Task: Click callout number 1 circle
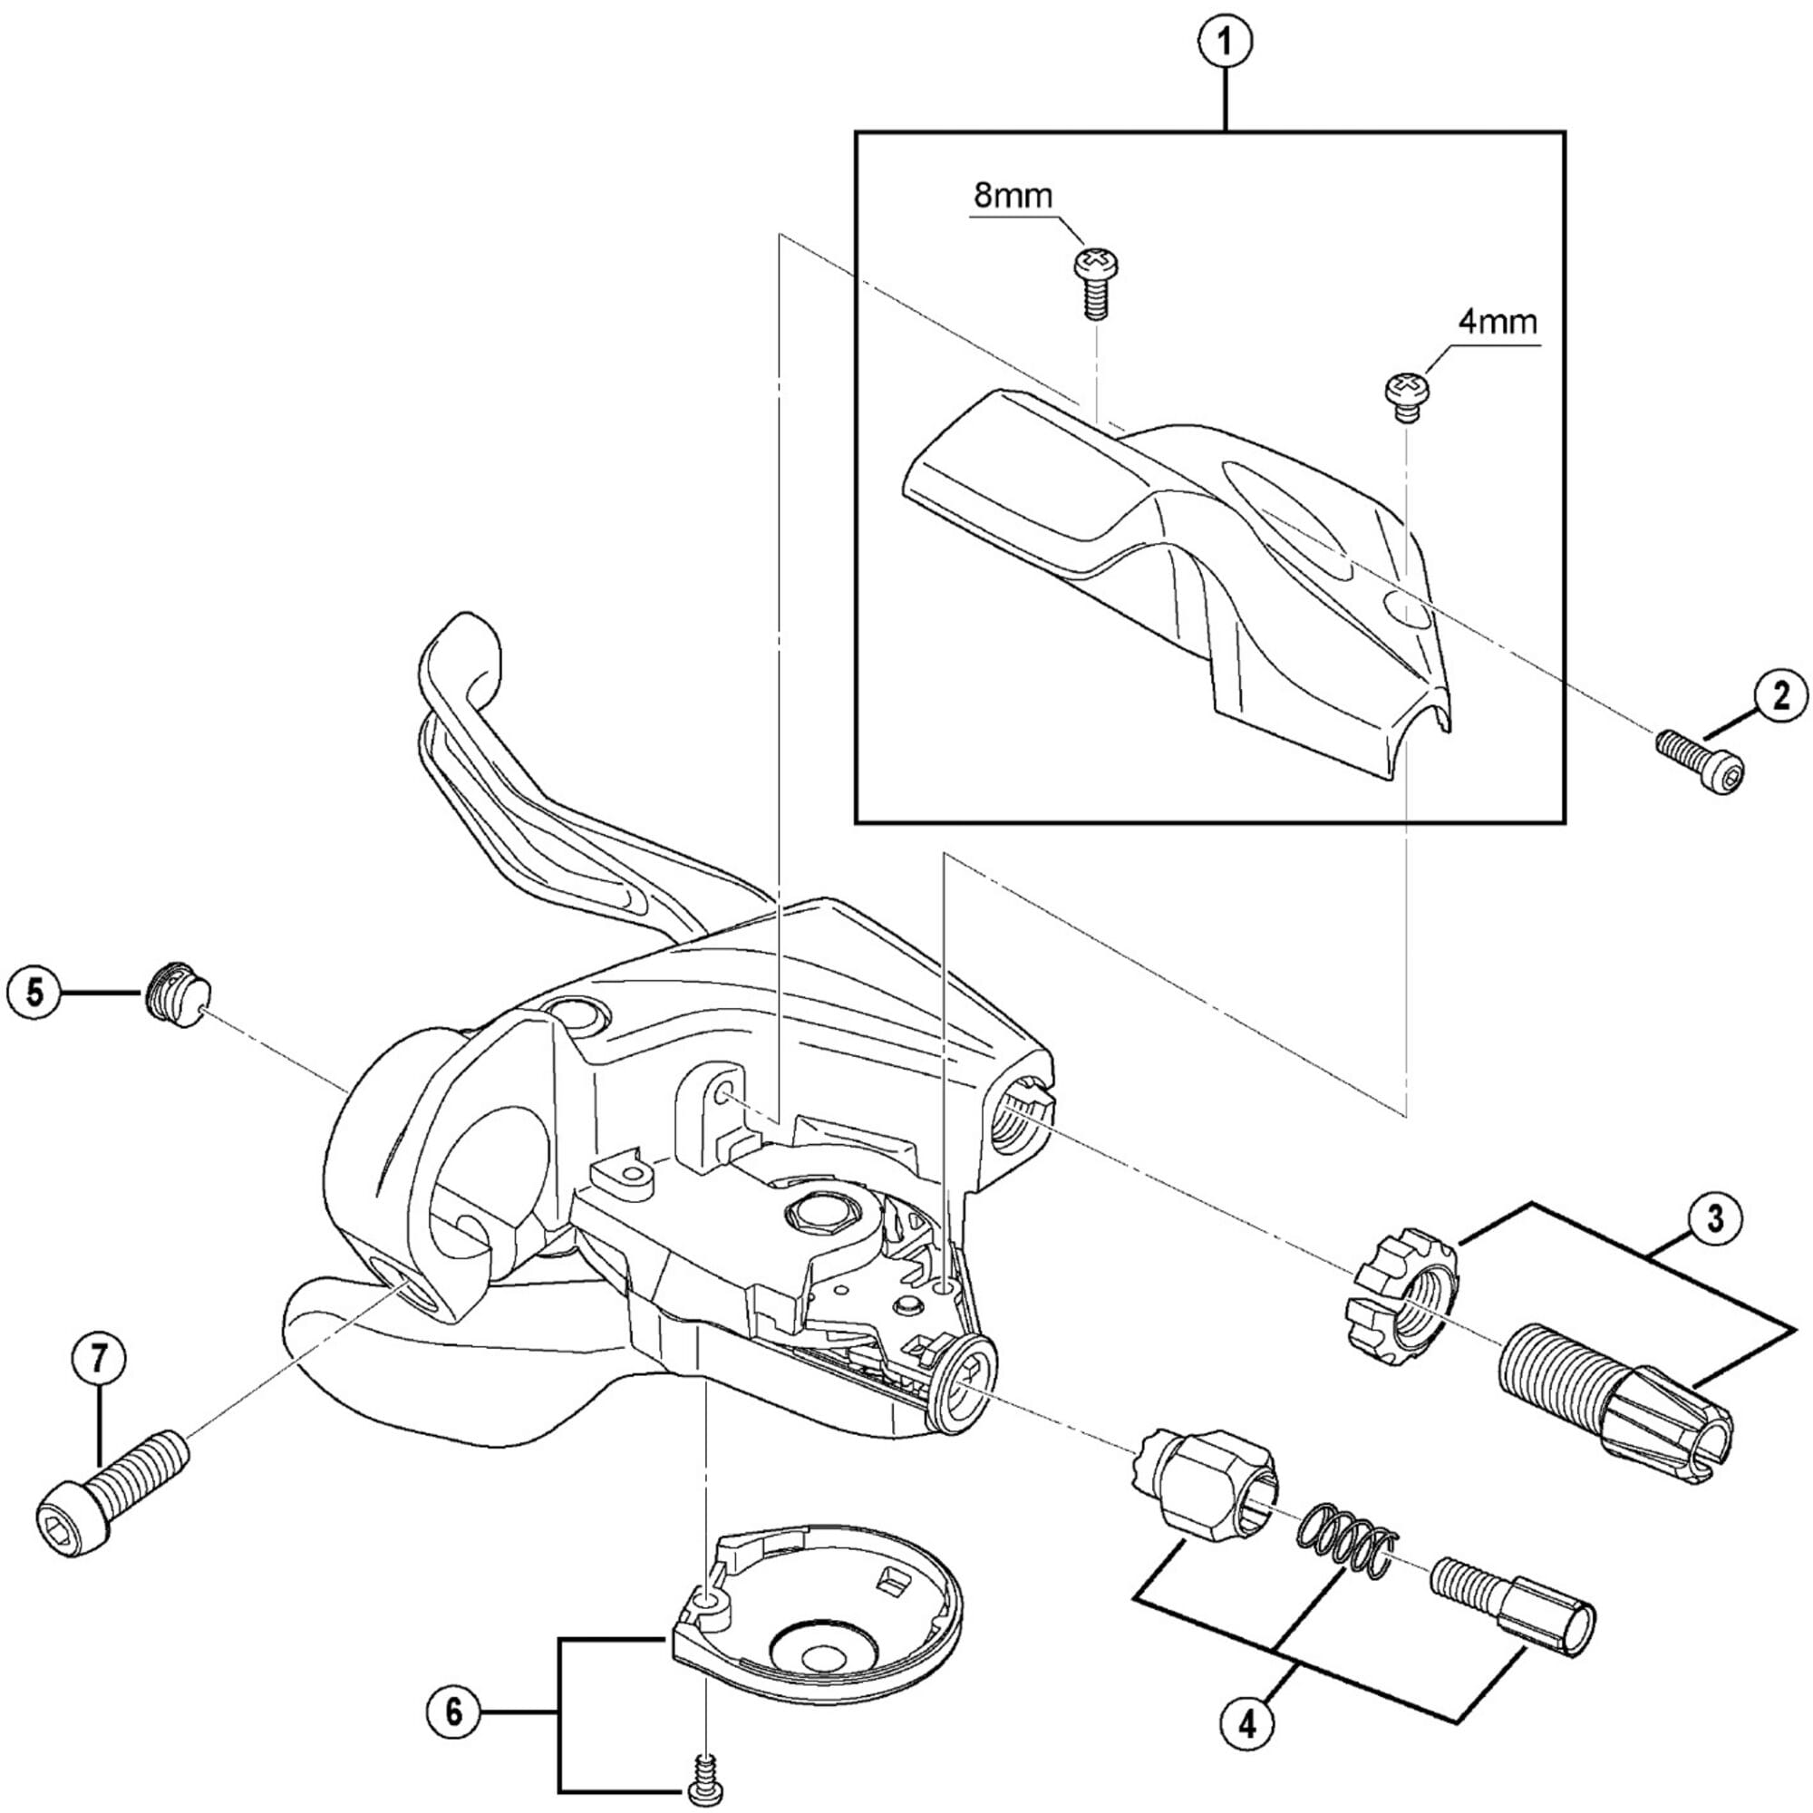point(1226,42)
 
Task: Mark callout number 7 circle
point(101,1358)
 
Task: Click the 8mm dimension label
point(1013,196)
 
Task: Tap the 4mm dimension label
point(1498,323)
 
